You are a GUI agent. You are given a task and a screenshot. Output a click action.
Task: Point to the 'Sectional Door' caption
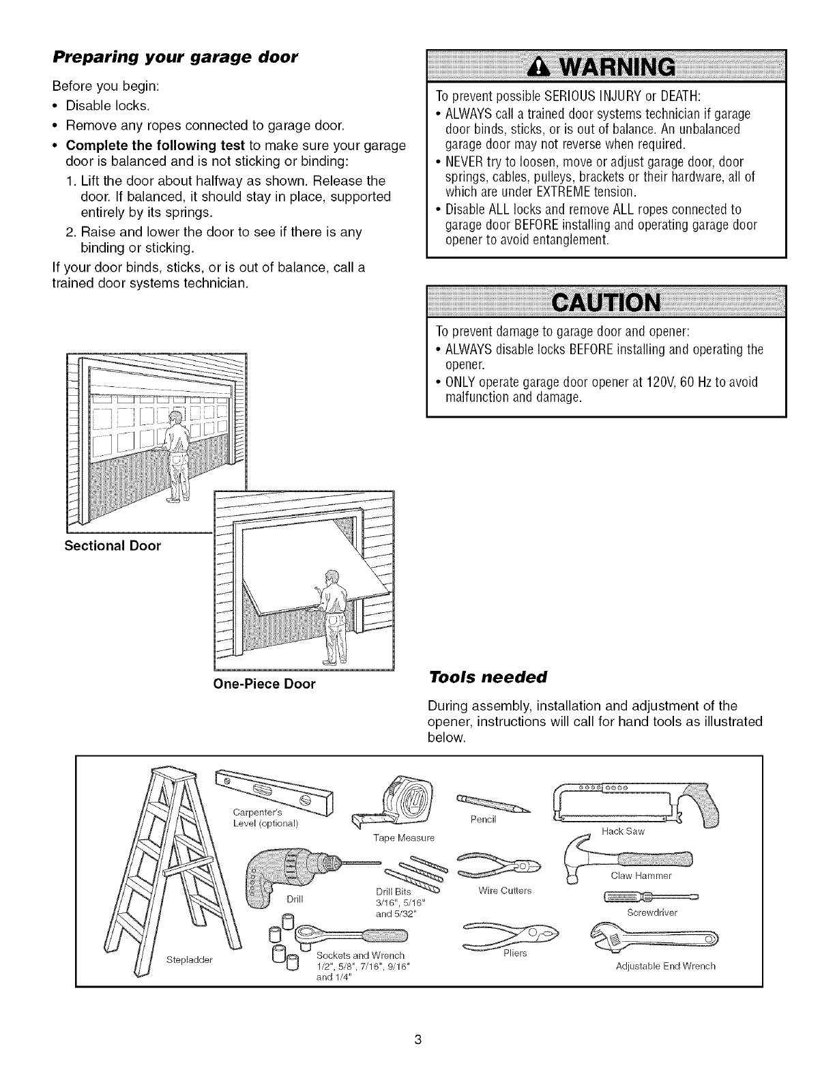click(x=113, y=546)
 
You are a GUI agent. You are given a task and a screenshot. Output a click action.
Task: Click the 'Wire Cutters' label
click(x=505, y=891)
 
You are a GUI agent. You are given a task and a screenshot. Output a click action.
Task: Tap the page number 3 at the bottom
click(x=418, y=1021)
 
